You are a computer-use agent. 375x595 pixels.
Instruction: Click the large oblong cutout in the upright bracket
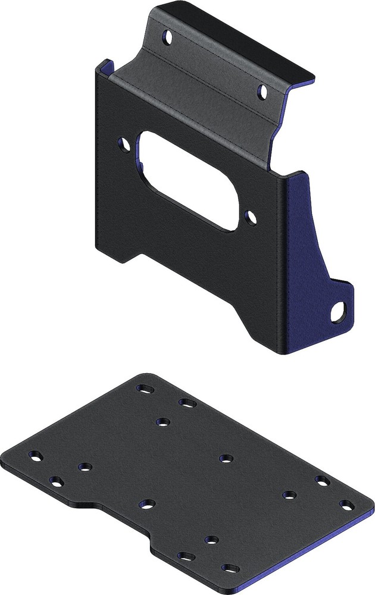pyautogui.click(x=190, y=181)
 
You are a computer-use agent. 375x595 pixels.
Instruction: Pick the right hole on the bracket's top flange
pyautogui.click(x=262, y=90)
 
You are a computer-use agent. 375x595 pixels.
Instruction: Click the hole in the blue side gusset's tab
pyautogui.click(x=340, y=313)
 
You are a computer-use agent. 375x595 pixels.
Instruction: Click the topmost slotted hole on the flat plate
pyautogui.click(x=145, y=389)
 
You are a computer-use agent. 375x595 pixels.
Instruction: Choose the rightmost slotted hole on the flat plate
pyautogui.click(x=345, y=505)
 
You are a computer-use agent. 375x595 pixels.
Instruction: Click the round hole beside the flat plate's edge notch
pyautogui.click(x=147, y=504)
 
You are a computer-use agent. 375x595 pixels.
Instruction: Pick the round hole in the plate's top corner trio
pyautogui.click(x=163, y=422)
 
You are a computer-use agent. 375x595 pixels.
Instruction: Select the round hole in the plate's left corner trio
pyautogui.click(x=85, y=467)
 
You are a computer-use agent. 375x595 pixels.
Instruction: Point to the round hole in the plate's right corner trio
pyautogui.click(x=289, y=494)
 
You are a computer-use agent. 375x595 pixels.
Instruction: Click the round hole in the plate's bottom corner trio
pyautogui.click(x=210, y=540)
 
